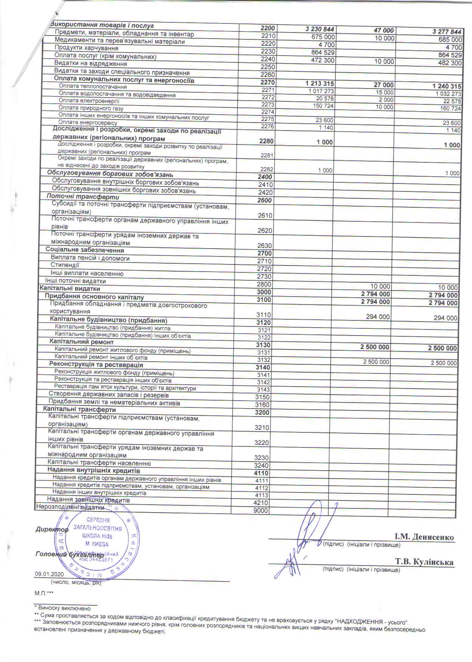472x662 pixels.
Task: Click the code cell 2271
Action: (268, 90)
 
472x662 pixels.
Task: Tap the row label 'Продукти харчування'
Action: (87, 48)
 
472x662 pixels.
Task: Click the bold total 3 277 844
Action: (447, 32)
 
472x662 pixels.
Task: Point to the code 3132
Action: (264, 360)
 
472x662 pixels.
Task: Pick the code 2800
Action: (264, 284)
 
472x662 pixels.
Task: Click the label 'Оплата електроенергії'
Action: (89, 101)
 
